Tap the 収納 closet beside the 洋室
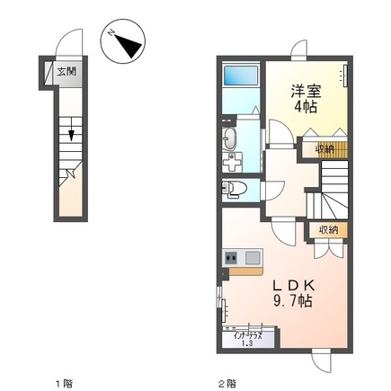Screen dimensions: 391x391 coord(324,148)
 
